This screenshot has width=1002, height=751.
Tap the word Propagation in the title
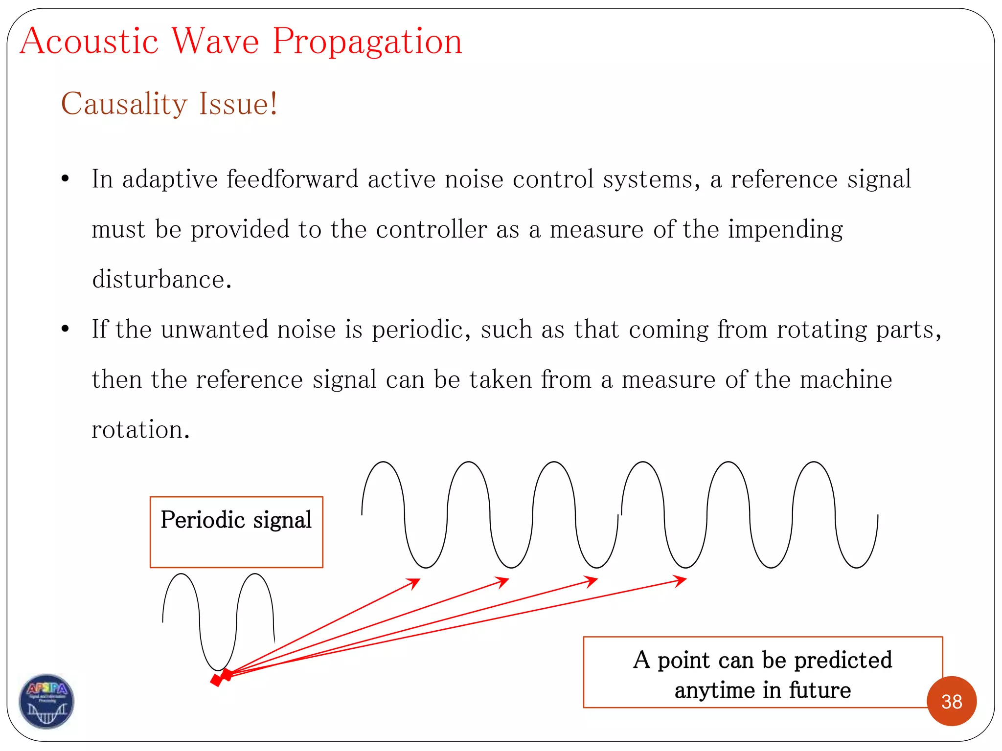coord(367,42)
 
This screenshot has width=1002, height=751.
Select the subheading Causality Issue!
coord(169,104)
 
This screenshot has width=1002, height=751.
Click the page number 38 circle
coord(951,701)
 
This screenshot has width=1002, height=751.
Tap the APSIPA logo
coord(46,701)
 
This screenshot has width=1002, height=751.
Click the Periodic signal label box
coord(236,531)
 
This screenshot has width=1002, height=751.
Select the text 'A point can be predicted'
coord(762,660)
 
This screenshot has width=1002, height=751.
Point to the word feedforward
coord(293,179)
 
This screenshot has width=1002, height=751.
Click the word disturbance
coord(161,279)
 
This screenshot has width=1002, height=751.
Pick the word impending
coord(785,229)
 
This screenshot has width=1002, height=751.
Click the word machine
coord(846,379)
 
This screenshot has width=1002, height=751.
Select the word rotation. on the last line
coord(140,430)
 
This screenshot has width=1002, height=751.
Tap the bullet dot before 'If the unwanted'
coord(65,329)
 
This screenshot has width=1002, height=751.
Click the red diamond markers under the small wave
coord(221,678)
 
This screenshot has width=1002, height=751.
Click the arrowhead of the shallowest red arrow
coord(681,580)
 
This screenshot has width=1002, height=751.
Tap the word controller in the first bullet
coord(431,229)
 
